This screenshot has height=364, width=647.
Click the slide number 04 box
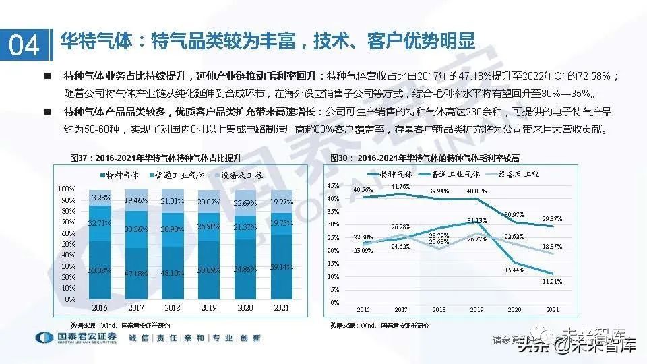pyautogui.click(x=24, y=45)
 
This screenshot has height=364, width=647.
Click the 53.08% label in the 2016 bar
pyautogui.click(x=99, y=270)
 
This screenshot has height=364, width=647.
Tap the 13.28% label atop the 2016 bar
pyautogui.click(x=99, y=198)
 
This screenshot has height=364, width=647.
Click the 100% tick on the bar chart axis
pyautogui.click(x=66, y=188)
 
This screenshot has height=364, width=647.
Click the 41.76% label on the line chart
pyautogui.click(x=400, y=187)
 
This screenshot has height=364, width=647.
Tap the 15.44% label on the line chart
pyautogui.click(x=514, y=270)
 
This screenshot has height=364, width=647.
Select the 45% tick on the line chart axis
pyautogui.click(x=332, y=185)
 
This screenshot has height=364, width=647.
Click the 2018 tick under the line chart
pyautogui.click(x=439, y=310)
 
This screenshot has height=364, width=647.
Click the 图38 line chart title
pyautogui.click(x=425, y=158)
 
